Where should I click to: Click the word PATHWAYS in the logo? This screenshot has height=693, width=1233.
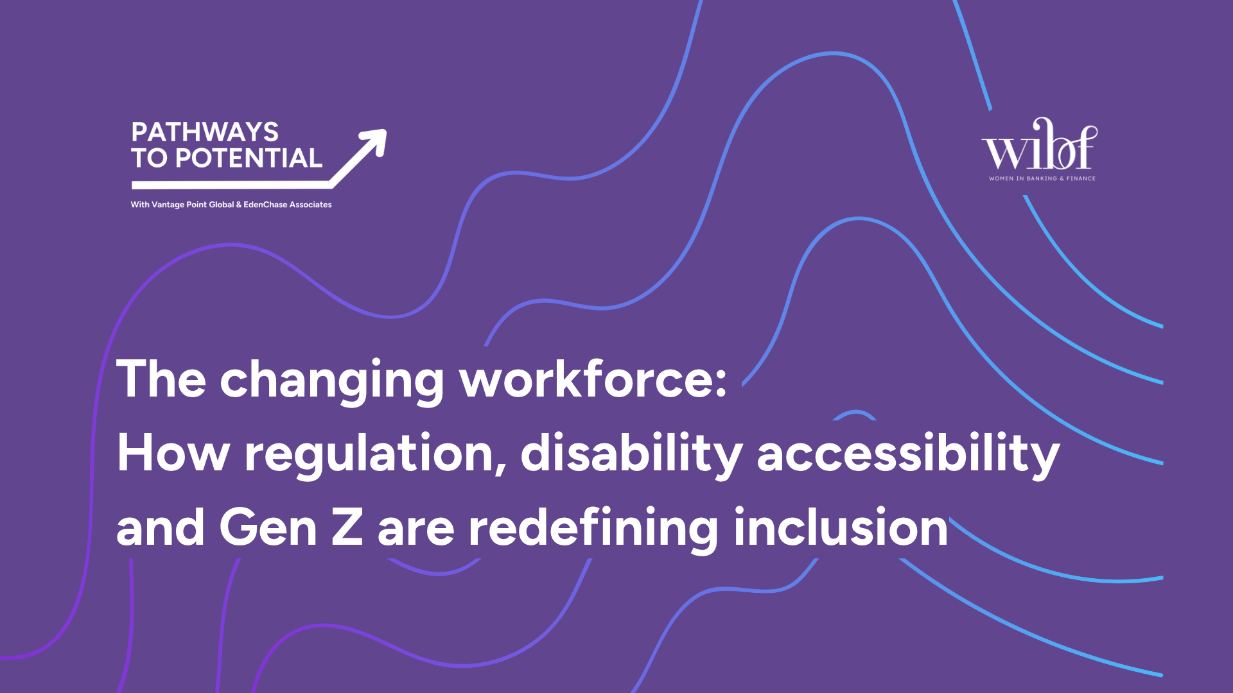pos(205,132)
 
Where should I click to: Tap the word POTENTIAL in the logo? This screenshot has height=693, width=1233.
pos(249,158)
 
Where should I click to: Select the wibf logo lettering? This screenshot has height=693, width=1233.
pos(1039,146)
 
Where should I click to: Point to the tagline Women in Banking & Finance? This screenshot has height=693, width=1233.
pos(1042,178)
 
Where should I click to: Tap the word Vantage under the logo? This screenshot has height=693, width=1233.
pos(168,205)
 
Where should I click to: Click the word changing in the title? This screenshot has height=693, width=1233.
pos(331,380)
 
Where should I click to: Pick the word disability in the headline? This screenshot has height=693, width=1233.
pos(631,453)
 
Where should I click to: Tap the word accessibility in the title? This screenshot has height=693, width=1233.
pos(908,453)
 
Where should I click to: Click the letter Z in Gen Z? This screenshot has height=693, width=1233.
pos(347,527)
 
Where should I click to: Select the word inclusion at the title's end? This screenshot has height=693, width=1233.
pos(841,527)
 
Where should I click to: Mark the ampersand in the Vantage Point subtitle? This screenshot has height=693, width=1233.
pos(239,205)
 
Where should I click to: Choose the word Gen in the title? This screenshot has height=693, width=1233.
pos(268,527)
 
